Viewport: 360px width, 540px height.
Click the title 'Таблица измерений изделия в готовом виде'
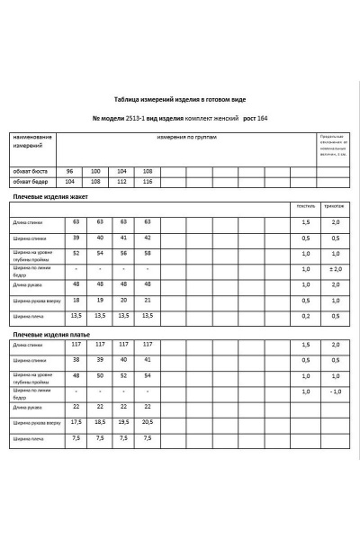(180, 99)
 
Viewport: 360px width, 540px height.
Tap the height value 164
(262, 119)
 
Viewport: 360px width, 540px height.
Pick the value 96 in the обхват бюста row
(69, 170)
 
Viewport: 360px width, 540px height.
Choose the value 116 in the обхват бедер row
(148, 181)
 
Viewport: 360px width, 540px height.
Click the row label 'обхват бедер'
(29, 181)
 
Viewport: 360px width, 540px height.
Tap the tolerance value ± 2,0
(335, 269)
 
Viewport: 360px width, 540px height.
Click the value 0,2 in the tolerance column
(306, 316)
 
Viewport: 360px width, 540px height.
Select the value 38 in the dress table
(76, 360)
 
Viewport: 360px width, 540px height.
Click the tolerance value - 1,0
(335, 391)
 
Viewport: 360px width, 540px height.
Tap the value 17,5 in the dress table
(76, 422)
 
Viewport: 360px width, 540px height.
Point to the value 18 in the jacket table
(76, 300)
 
